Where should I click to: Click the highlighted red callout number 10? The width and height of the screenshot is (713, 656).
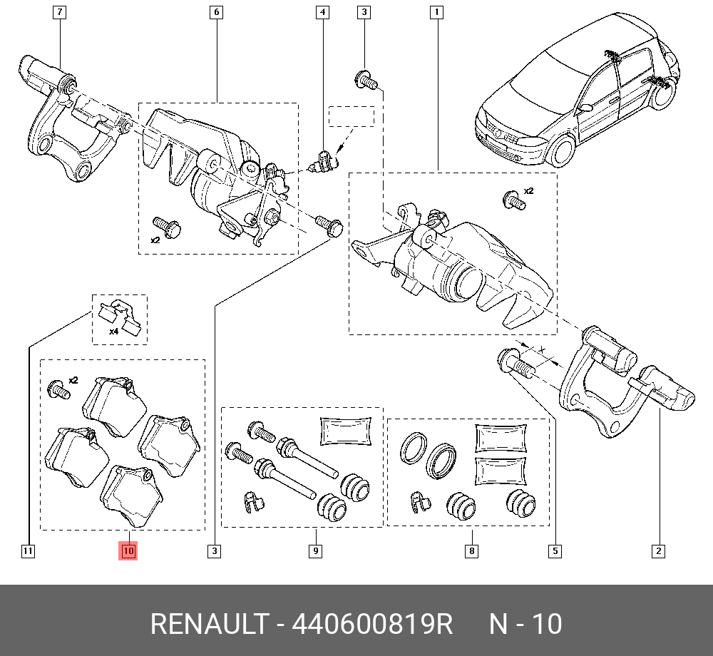pyautogui.click(x=128, y=551)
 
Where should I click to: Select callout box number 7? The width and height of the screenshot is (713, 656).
pyautogui.click(x=60, y=12)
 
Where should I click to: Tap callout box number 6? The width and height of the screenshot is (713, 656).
pyautogui.click(x=217, y=12)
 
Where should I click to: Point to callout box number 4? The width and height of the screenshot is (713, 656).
pyautogui.click(x=322, y=12)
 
